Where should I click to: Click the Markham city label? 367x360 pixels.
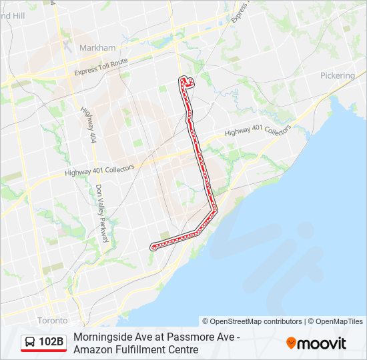97,48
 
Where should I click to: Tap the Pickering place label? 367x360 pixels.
338,75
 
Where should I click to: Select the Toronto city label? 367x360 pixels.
52,320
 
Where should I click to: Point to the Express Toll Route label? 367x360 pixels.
101,67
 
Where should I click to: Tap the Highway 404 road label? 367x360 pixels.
87,125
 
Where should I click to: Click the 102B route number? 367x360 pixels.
51,343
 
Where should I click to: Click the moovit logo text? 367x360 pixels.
322,343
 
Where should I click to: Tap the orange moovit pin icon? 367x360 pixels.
291,343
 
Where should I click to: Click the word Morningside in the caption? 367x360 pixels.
101,337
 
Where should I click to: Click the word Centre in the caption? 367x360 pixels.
183,349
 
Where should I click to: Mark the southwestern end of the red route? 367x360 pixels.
153,247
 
